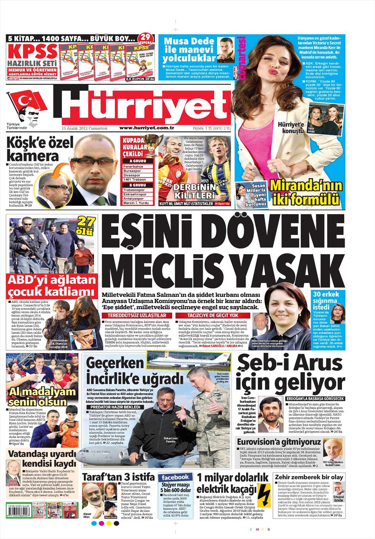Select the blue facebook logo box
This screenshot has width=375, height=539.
[175, 477]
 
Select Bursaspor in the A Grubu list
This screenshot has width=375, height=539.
[133, 171]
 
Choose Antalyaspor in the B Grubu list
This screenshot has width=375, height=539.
[134, 198]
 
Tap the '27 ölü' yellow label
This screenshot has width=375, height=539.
[87, 226]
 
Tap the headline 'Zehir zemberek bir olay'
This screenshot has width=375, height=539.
[309, 477]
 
